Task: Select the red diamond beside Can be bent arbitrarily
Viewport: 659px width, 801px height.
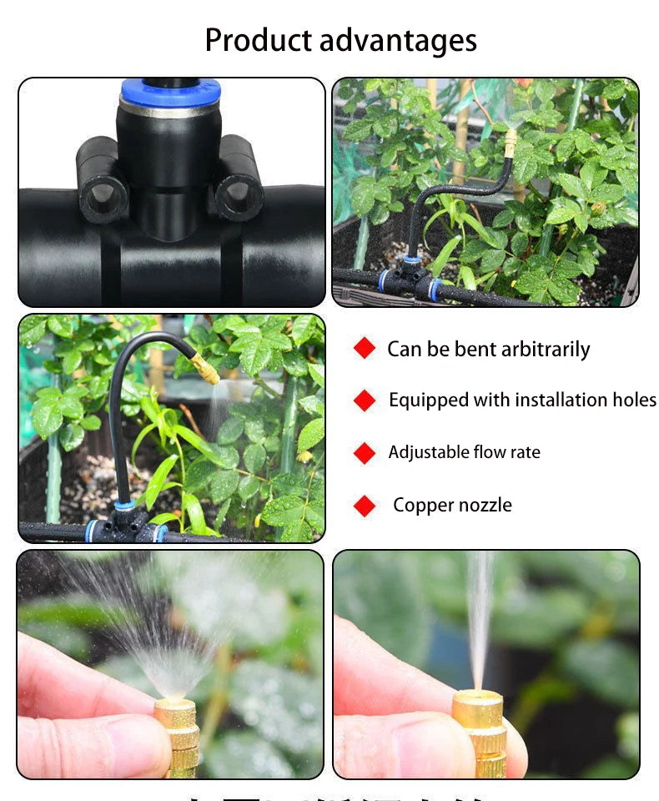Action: [365, 349]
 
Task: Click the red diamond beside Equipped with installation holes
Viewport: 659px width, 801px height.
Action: [365, 400]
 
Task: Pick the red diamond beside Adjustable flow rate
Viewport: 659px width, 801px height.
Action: [365, 453]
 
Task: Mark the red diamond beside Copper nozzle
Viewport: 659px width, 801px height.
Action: [365, 506]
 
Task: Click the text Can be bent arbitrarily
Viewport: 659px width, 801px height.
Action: [488, 349]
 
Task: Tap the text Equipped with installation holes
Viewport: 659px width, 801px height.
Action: [522, 400]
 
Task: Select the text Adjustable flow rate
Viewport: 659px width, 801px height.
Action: [464, 453]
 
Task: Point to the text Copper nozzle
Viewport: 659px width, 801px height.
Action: [452, 506]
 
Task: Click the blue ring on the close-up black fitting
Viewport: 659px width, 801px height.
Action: [170, 91]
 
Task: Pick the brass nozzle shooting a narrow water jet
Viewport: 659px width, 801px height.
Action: [480, 730]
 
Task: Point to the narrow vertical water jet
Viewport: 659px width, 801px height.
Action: [480, 617]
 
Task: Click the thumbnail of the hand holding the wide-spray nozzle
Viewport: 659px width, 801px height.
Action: [170, 664]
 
